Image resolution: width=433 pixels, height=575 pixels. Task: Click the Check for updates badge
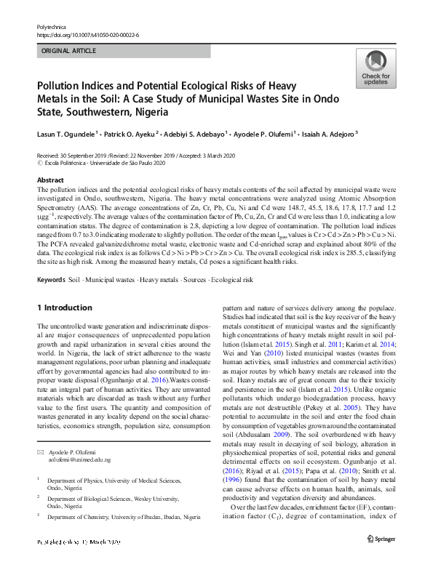click(376, 68)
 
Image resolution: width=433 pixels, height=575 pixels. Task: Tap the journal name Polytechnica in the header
click(52, 26)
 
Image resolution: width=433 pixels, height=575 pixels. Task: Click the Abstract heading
click(50, 180)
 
